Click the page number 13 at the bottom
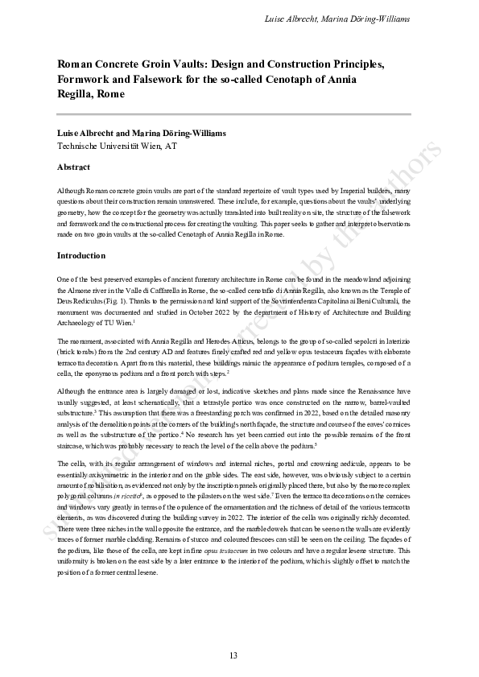tap(233, 655)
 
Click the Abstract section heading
tap(72, 167)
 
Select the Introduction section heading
tap(81, 255)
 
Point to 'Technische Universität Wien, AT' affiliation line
tap(117, 147)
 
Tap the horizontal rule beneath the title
tap(233, 114)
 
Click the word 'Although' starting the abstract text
tap(72, 191)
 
